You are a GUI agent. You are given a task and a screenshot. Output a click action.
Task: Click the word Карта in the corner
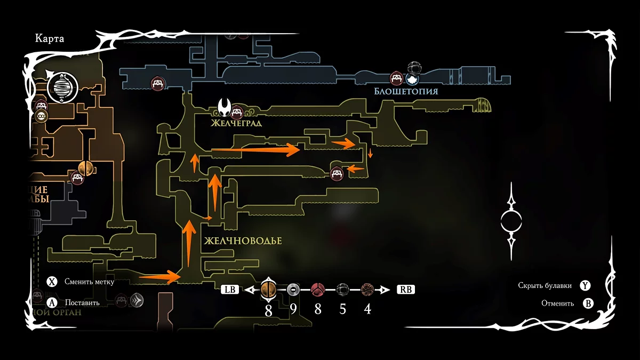(50, 38)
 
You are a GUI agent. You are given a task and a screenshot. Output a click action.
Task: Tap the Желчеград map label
(235, 124)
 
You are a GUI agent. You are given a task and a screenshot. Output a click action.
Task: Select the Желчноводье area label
(242, 241)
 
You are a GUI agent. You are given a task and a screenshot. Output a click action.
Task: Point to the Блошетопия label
(406, 91)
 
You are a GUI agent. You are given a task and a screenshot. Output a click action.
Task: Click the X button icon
(52, 282)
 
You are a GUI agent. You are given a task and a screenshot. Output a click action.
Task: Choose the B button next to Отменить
(588, 303)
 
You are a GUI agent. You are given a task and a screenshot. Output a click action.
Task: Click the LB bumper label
(230, 290)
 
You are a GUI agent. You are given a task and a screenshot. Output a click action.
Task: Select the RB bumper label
(405, 290)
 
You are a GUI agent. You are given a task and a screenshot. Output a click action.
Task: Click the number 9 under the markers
(293, 309)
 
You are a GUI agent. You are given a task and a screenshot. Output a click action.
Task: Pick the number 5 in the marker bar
(342, 309)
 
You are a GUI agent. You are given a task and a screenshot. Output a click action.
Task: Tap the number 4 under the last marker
(367, 309)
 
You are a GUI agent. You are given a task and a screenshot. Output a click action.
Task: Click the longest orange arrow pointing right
(256, 150)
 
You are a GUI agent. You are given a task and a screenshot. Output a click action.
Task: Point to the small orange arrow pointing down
(371, 154)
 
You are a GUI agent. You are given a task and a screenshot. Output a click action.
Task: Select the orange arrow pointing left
(356, 169)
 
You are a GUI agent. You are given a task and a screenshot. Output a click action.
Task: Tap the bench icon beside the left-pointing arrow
(336, 174)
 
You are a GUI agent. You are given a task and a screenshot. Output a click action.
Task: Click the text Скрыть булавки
(545, 285)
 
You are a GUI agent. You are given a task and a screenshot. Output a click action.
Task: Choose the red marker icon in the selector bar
(318, 290)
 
